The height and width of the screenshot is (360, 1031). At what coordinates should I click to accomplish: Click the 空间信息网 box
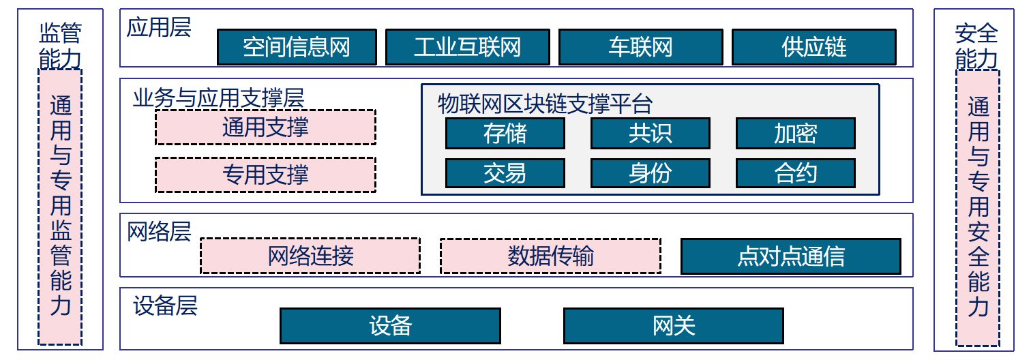(297, 47)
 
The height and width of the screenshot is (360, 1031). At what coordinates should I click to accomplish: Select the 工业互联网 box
(467, 47)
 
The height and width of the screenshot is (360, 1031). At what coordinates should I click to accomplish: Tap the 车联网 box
(640, 47)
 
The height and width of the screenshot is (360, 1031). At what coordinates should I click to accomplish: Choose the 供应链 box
(813, 47)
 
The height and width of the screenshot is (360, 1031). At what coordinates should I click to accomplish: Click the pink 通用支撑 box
(265, 127)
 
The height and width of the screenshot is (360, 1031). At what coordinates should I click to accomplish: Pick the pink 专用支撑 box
(265, 175)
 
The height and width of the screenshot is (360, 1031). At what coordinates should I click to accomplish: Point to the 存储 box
(505, 134)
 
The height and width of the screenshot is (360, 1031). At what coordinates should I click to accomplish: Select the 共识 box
(650, 134)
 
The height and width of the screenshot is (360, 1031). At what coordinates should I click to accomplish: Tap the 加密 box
(795, 134)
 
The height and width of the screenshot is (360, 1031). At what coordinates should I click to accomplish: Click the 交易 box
(505, 173)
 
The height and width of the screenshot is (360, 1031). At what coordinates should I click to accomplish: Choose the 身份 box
(650, 173)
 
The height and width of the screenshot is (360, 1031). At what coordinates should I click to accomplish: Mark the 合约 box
(795, 173)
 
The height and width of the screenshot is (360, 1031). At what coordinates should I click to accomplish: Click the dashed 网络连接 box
(310, 256)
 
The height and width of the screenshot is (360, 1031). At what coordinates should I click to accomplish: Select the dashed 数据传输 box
(550, 256)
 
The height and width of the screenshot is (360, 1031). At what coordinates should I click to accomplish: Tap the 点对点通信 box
(791, 256)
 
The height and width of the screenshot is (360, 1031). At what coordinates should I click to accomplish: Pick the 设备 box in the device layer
(390, 326)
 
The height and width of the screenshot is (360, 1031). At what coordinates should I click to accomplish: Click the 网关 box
(674, 326)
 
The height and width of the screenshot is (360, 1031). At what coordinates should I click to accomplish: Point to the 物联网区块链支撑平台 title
(545, 104)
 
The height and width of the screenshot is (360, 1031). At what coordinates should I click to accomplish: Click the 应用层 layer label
(159, 28)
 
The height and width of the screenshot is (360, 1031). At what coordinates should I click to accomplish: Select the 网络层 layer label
(159, 231)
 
